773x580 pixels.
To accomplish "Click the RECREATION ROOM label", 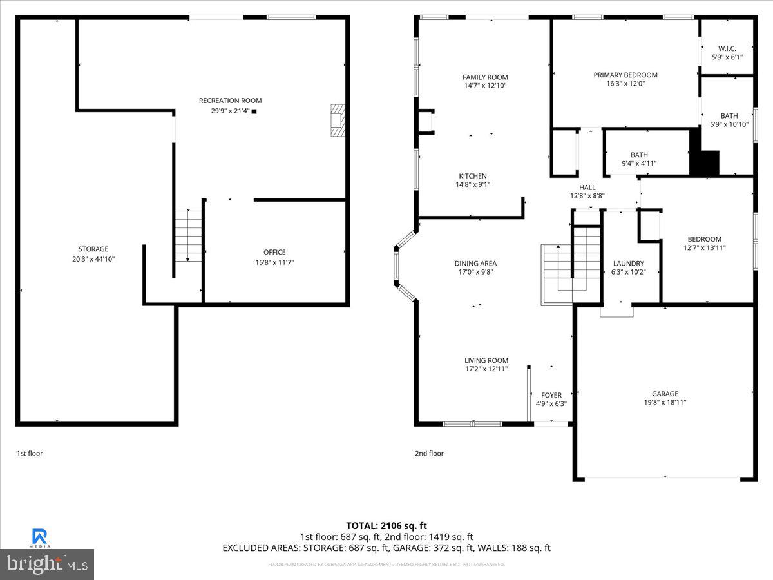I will click(x=230, y=101).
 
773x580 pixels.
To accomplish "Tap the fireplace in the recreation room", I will click(x=338, y=121).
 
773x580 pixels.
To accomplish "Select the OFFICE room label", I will click(x=274, y=252).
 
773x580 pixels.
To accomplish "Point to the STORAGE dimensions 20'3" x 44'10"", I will click(x=93, y=258).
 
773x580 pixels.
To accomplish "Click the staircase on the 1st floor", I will click(x=188, y=235).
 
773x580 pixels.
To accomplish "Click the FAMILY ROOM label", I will click(x=485, y=77).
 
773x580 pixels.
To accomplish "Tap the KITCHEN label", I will click(x=472, y=176).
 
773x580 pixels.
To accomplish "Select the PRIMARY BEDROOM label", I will click(x=625, y=75).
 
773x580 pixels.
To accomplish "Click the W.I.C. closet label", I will click(x=727, y=48).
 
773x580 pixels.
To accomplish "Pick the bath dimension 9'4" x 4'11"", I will click(x=639, y=164).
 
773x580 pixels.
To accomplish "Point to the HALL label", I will click(x=587, y=188).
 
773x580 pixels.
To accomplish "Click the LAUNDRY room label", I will click(x=628, y=263).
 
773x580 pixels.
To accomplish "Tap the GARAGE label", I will click(x=664, y=394).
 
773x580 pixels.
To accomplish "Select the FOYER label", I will click(x=551, y=395).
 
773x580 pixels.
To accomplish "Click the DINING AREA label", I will click(x=475, y=263).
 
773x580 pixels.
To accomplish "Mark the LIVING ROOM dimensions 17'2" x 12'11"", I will click(x=486, y=369).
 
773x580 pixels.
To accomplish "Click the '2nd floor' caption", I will click(x=429, y=454).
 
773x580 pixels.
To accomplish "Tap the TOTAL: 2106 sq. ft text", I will click(x=386, y=525).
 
